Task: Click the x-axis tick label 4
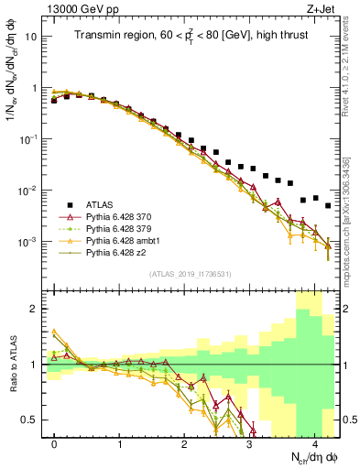315,442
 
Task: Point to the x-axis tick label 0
55,442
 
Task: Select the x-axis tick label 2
185,442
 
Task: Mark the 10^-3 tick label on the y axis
30,242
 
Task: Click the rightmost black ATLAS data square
328,205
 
